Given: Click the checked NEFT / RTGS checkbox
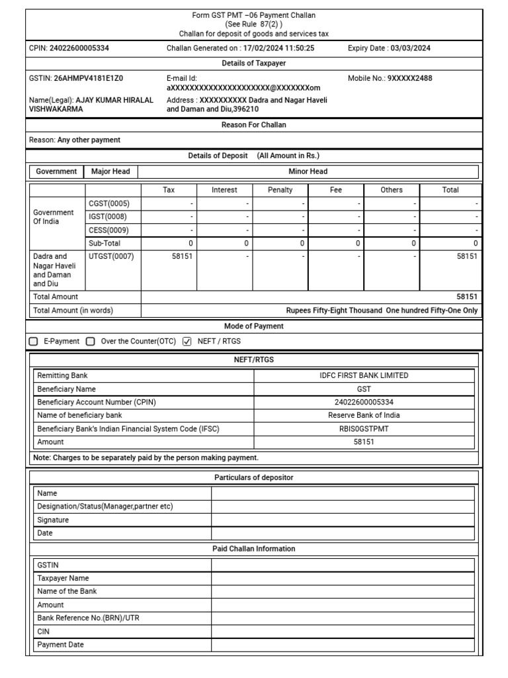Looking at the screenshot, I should pos(187,342).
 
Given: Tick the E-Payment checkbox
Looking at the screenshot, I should pos(34,342).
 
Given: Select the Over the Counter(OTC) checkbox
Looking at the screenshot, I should pos(91,342).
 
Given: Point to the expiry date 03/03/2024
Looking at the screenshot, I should pos(411,48).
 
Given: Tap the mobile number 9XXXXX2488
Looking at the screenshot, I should pos(410,78).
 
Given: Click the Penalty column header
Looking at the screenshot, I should pos(280,190).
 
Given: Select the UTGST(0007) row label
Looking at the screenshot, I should pos(111,256).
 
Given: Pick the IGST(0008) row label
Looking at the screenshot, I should pos(108,217).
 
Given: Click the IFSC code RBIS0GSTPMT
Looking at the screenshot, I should pos(364,428).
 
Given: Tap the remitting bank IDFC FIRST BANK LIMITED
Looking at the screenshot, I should pos(364,375).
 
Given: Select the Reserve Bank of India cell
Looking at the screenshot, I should pos(364,415).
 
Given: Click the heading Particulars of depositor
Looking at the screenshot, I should pos(254,477).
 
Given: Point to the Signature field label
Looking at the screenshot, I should pos(53,520).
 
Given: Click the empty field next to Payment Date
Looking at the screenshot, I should pos(343,645).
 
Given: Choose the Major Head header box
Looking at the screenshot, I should pos(110,171).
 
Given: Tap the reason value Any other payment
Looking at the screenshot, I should pos(89,140).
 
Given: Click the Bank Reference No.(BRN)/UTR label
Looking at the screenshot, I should pos(88,618).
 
